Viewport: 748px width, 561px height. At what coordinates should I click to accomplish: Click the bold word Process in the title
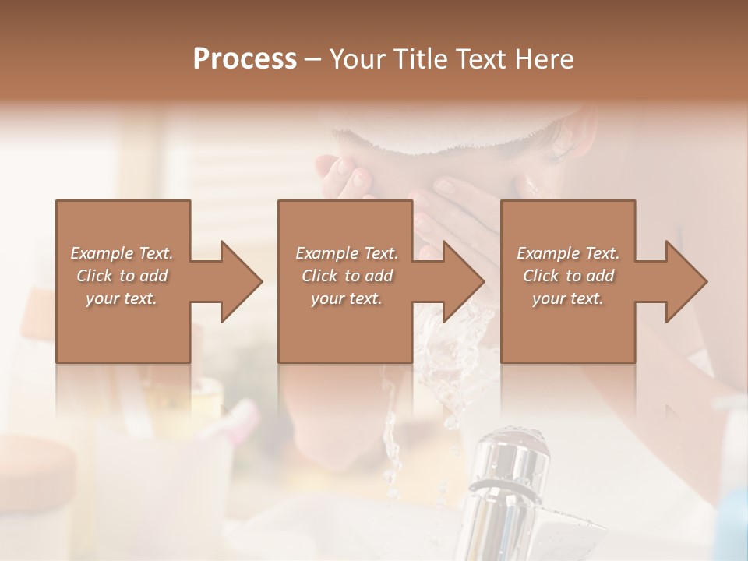(x=245, y=58)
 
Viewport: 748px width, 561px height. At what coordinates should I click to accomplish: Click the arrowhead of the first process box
(x=241, y=281)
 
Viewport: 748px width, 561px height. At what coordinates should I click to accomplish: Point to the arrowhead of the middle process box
(x=464, y=281)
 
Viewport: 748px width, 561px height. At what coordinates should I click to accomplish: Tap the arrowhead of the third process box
(x=686, y=281)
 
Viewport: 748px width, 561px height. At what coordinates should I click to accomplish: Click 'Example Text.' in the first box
(x=122, y=253)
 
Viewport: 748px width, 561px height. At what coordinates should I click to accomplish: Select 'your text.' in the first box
(x=122, y=298)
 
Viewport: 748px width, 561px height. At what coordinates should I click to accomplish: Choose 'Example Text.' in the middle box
(x=347, y=253)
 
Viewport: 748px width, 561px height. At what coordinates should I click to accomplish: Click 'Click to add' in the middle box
(x=347, y=276)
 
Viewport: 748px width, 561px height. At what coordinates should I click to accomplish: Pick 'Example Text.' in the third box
(x=568, y=253)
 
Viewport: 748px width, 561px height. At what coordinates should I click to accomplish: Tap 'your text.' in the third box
(x=568, y=298)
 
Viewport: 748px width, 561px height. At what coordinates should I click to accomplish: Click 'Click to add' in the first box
(x=122, y=276)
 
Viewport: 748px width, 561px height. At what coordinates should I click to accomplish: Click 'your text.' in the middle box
(x=347, y=298)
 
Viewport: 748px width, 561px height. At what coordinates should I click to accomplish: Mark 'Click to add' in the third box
(x=568, y=276)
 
